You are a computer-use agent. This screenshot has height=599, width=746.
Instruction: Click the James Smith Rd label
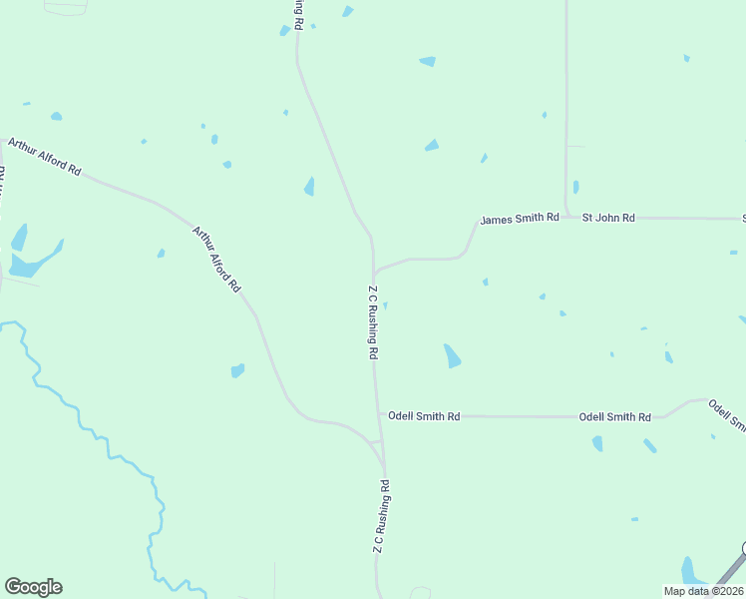519,219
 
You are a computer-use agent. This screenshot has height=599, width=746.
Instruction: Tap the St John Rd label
608,217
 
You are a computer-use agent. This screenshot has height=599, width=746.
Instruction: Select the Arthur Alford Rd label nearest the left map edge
44,157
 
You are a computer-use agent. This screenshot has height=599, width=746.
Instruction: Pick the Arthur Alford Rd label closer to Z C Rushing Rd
216,260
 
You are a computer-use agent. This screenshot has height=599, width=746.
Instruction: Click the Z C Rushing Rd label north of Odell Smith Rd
373,322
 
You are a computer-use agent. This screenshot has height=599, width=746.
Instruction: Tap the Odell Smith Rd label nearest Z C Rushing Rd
424,415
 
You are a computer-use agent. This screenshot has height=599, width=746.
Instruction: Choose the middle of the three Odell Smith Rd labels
614,416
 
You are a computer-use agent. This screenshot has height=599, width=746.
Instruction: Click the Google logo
33,587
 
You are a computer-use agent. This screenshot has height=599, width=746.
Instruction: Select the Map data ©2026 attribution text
703,591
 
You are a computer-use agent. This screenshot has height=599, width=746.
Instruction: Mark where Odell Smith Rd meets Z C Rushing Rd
379,415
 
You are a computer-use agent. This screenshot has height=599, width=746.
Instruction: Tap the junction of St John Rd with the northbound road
567,216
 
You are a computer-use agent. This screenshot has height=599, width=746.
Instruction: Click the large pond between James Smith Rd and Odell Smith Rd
453,355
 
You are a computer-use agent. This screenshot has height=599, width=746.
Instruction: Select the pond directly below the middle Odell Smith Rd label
597,443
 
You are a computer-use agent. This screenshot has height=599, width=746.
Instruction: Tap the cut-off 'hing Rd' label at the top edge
298,14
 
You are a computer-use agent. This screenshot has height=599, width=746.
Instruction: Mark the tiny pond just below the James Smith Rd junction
385,305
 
